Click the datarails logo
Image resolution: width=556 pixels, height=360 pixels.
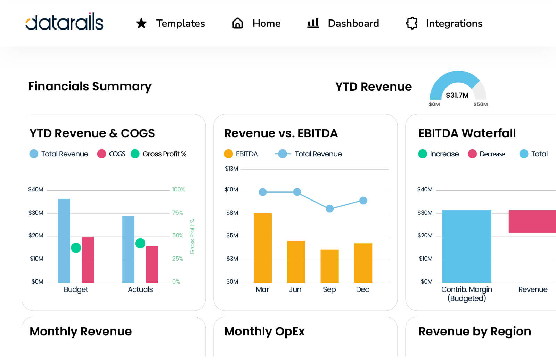click(64, 22)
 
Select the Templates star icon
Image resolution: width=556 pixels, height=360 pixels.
click(141, 23)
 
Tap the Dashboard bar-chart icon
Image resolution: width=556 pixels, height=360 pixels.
click(313, 23)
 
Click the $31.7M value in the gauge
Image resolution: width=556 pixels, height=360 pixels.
click(457, 95)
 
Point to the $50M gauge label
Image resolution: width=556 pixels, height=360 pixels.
click(480, 104)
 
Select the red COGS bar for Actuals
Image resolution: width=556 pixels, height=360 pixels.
click(152, 264)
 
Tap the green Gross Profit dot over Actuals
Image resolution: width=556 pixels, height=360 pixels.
click(140, 243)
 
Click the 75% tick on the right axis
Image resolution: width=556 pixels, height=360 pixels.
click(178, 213)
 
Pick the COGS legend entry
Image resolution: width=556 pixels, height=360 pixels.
click(112, 154)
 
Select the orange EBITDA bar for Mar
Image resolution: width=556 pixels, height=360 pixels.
click(262, 247)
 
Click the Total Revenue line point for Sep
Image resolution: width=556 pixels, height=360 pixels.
click(329, 208)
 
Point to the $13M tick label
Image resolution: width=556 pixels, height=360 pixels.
click(231, 169)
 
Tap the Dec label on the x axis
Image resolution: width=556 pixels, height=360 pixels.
click(362, 289)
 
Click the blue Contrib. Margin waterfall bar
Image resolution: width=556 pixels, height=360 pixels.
click(466, 246)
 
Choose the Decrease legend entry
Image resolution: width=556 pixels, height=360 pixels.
click(486, 154)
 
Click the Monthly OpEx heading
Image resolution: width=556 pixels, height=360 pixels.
click(264, 332)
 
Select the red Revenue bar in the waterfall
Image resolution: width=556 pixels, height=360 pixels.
click(532, 221)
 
